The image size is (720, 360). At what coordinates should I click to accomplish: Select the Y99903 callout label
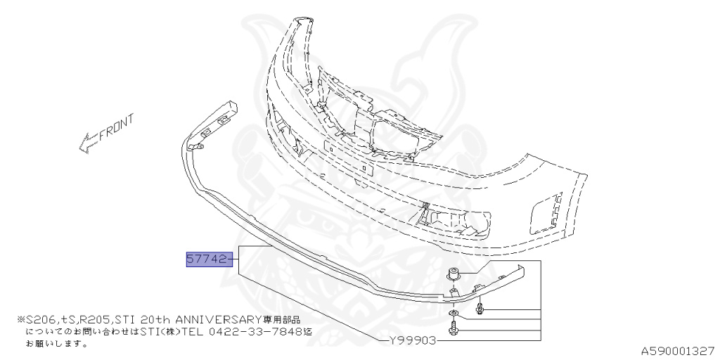point(413,340)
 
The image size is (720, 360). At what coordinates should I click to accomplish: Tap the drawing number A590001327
point(678,350)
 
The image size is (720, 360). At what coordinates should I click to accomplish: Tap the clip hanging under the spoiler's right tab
point(480,307)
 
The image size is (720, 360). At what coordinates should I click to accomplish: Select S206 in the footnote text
point(39,319)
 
